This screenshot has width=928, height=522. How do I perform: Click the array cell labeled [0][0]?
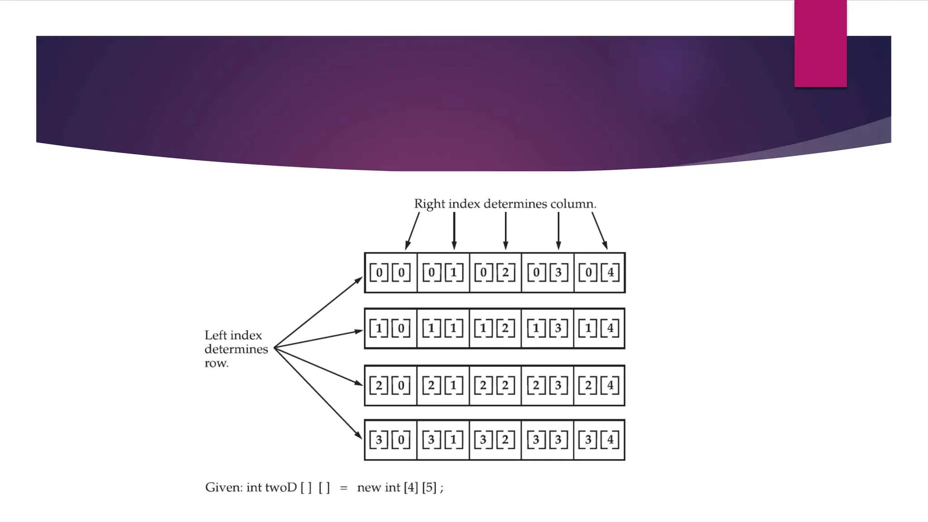tap(391, 273)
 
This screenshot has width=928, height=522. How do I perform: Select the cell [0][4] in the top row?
tap(599, 273)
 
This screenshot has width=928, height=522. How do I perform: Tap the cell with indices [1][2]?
tap(495, 329)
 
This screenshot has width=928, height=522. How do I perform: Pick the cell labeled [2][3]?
tap(547, 386)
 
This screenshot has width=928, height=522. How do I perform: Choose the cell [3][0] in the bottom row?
tap(391, 440)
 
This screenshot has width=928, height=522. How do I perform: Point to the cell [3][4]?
tap(599, 440)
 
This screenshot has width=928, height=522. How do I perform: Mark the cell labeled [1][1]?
tap(443, 329)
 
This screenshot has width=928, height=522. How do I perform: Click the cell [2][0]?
tap(391, 386)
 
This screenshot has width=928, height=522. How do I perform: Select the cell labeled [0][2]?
tap(495, 273)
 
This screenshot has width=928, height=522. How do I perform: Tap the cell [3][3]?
tap(547, 440)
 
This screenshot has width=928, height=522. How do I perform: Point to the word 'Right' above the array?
tap(430, 204)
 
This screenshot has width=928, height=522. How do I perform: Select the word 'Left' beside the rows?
tap(215, 335)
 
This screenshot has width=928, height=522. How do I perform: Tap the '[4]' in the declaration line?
tap(411, 488)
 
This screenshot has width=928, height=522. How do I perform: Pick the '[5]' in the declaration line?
tap(429, 488)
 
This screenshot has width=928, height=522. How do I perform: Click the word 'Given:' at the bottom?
tap(224, 488)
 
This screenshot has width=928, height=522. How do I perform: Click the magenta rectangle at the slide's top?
tap(820, 43)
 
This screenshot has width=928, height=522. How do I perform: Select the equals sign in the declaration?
tap(344, 488)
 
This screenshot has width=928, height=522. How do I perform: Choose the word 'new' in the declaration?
tap(369, 488)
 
